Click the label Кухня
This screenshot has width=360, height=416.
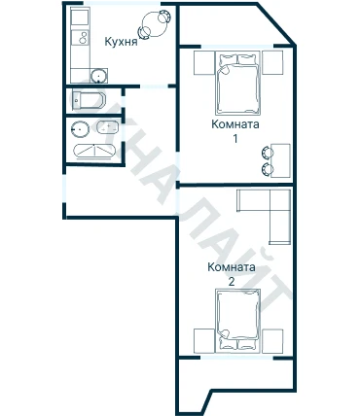tap(121, 42)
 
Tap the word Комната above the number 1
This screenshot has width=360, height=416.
tap(235, 124)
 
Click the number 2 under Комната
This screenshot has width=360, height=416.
tap(232, 282)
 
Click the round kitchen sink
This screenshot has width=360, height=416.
tap(98, 76)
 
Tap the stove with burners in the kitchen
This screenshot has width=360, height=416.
tap(81, 37)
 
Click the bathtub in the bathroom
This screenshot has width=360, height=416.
tap(94, 151)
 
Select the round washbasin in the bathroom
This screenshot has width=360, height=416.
tap(80, 129)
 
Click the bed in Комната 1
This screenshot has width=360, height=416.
tap(238, 85)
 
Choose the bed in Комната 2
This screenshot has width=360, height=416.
tap(238, 321)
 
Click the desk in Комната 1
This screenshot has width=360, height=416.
tap(280, 160)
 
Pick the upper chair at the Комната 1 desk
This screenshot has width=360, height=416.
tap(267, 153)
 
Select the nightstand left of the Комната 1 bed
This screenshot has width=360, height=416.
tap(204, 62)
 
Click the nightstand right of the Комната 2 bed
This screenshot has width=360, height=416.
tap(272, 341)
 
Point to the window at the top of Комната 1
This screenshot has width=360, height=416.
tap(237, 47)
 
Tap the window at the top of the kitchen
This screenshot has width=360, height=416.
tap(123, 4)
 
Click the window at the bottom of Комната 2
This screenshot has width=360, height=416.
tap(236, 358)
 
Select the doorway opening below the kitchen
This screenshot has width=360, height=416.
tap(154, 87)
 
